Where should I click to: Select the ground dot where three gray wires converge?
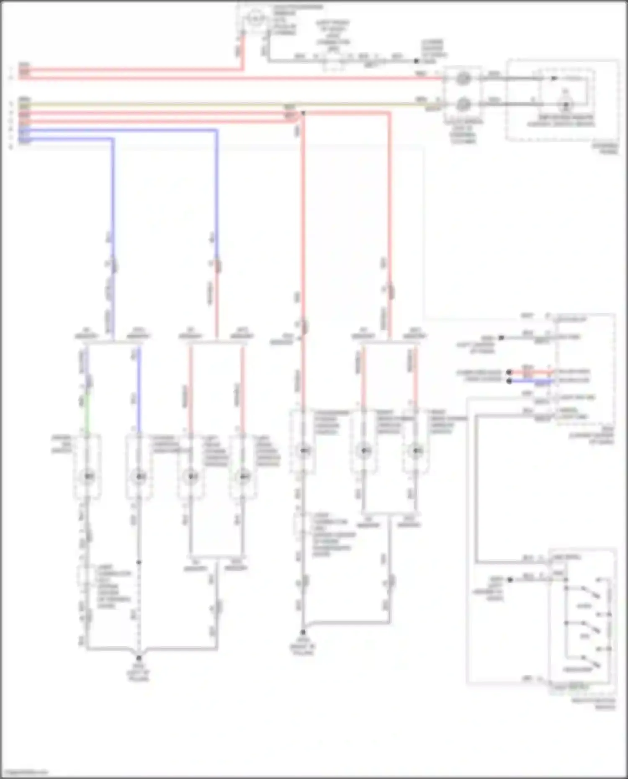[x=139, y=658]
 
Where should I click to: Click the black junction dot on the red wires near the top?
[x=303, y=113]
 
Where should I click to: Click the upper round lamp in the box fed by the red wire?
[x=462, y=78]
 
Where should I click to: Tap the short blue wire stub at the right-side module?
[x=532, y=381]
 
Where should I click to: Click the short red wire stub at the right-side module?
[x=532, y=372]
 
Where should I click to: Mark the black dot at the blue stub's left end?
[x=509, y=381]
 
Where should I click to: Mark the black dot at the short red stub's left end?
[x=509, y=372]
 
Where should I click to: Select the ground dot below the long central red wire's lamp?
[x=303, y=633]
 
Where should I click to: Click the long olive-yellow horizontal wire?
[x=209, y=104]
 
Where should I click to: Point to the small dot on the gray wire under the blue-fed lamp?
[x=139, y=562]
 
